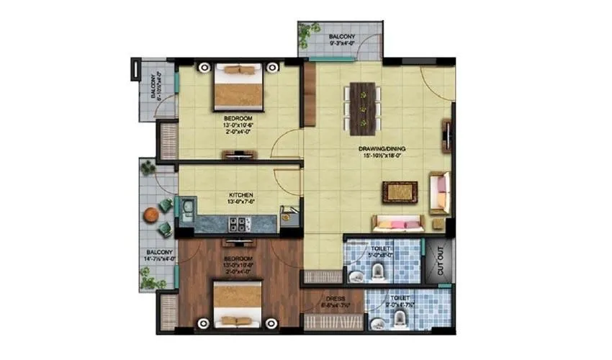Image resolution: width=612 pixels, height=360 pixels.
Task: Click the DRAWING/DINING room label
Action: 380,150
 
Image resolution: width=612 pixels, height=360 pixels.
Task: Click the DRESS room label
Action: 335,298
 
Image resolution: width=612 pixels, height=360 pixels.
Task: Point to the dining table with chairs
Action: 363,109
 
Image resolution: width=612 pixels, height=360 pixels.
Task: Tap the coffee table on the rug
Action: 398,192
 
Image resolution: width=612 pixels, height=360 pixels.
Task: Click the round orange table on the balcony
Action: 150,214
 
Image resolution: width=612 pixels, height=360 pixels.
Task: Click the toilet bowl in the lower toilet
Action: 379,323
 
